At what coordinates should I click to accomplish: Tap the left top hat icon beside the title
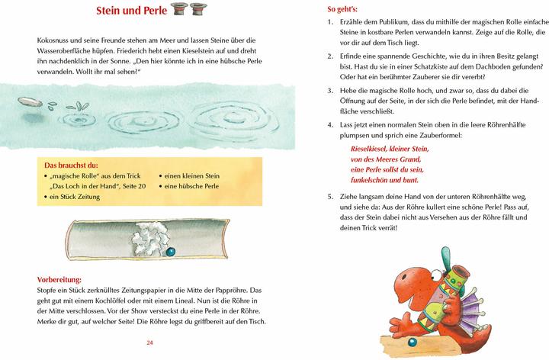[x=179, y=10]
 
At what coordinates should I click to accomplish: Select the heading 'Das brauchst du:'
[x=67, y=165]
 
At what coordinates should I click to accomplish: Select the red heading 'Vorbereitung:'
[x=59, y=279]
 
